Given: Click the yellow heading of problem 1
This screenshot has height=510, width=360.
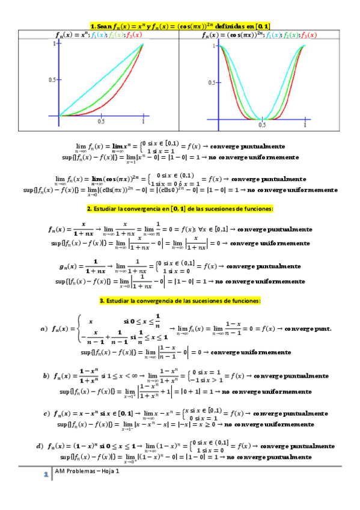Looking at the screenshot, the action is click(x=180, y=25).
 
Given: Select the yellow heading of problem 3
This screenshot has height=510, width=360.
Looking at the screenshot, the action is click(x=180, y=300).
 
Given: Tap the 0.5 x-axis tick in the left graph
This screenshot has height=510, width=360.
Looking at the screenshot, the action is click(x=101, y=121).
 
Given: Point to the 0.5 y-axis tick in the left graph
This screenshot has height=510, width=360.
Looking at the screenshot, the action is click(x=52, y=79).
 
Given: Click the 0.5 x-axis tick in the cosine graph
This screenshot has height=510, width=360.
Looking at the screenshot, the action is click(x=263, y=125).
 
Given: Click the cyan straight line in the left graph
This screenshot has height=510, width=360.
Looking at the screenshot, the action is click(x=96, y=83).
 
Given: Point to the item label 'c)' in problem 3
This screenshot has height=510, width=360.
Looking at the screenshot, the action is click(x=46, y=414).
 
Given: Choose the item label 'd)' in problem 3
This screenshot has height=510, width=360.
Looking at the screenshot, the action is click(x=40, y=446).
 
